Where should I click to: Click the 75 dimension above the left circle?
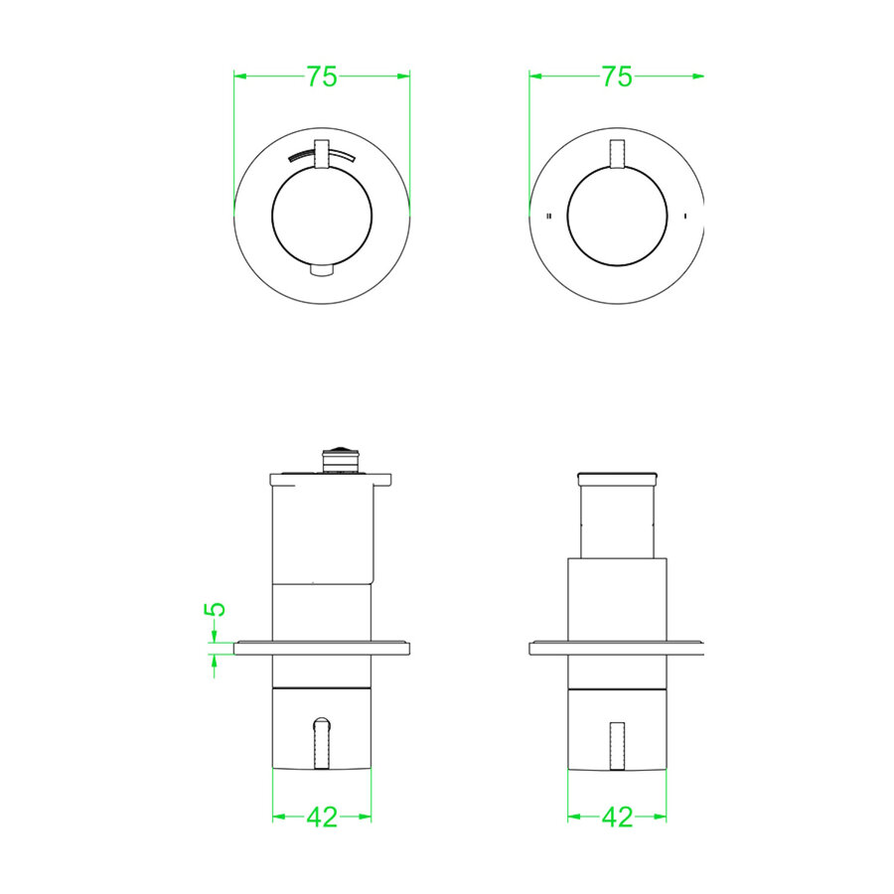(x=322, y=76)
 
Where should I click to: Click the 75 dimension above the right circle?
(x=617, y=76)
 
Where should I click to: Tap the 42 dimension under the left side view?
(x=322, y=818)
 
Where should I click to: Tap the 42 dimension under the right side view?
(x=617, y=818)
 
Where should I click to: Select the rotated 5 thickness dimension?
(x=215, y=609)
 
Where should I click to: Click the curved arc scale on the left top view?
(x=321, y=154)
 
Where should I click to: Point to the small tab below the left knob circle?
(x=322, y=270)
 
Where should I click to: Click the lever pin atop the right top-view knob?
(x=617, y=154)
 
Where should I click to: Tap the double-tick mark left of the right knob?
(x=549, y=216)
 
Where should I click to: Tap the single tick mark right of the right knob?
(x=684, y=216)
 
